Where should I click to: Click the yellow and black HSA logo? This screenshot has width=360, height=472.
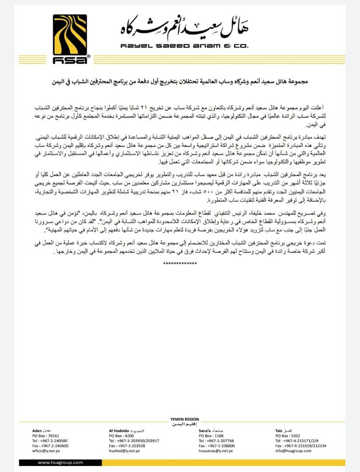[x=70, y=39]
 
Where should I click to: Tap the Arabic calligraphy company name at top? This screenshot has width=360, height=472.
[x=184, y=29]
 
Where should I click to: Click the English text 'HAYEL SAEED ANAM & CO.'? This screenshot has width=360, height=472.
[x=184, y=46]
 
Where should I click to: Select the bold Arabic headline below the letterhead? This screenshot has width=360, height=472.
[x=180, y=81]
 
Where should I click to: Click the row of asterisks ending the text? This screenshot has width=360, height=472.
[x=180, y=264]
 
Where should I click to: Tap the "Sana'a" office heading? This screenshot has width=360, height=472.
[x=205, y=430]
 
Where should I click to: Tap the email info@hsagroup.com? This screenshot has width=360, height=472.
[x=290, y=451]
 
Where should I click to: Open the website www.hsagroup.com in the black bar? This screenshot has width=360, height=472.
[x=60, y=462]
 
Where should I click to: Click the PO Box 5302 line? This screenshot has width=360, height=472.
[x=287, y=436]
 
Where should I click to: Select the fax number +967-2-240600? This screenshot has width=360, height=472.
[x=50, y=445]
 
